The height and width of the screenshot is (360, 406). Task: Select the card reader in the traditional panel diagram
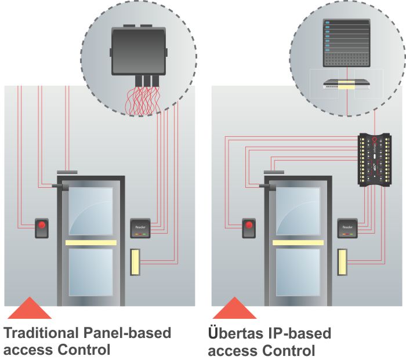pos(140,227)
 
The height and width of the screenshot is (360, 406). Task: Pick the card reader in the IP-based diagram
pos(347,227)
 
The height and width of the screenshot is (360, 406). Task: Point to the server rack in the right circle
pos(346,43)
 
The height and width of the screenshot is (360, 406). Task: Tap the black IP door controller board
pos(375,159)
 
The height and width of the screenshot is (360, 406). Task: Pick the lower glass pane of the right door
pos(298,272)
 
